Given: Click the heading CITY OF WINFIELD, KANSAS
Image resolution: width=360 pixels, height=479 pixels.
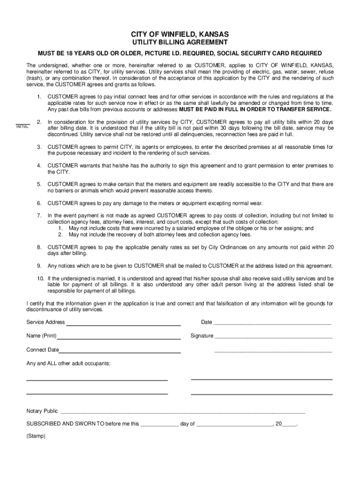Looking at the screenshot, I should click(x=180, y=35).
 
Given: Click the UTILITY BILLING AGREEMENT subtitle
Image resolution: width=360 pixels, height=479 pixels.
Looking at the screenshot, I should click(x=180, y=43).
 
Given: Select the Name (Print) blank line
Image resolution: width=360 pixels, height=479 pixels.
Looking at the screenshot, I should click(x=119, y=337).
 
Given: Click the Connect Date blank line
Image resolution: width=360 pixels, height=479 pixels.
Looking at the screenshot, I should click(x=120, y=351).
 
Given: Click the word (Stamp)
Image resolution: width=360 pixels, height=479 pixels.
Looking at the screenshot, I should click(x=36, y=436).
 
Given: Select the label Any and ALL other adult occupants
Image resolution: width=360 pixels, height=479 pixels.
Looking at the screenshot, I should click(x=68, y=363).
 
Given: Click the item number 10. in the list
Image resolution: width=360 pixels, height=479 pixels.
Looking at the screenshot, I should click(x=41, y=279).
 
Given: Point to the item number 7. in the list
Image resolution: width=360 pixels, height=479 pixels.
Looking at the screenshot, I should click(x=39, y=216).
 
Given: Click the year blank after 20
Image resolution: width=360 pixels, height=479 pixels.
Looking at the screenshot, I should click(x=289, y=425).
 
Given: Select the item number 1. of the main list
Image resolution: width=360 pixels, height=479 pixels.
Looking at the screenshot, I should click(x=39, y=96).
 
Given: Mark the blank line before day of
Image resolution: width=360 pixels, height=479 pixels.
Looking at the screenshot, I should click(x=159, y=425).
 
